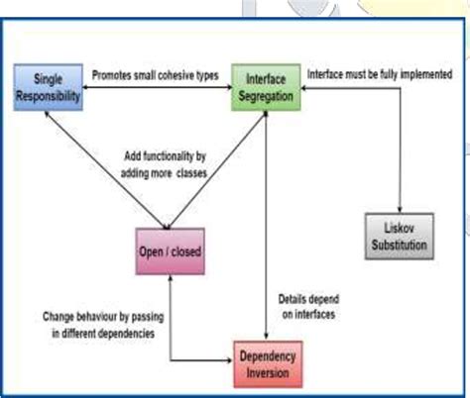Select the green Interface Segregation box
click(266, 82)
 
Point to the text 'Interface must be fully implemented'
click(380, 74)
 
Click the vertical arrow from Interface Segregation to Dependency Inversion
click(266, 218)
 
